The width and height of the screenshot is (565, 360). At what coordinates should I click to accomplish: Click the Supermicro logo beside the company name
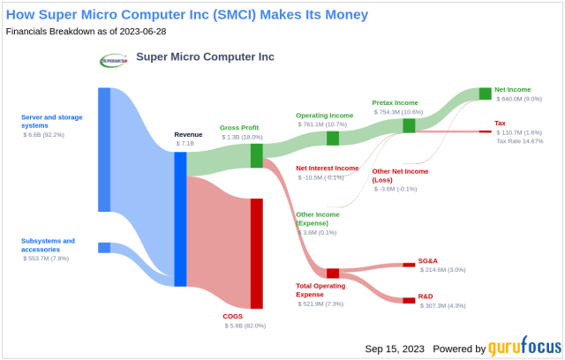coord(114,60)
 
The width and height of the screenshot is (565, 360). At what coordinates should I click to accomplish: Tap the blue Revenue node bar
coord(180,219)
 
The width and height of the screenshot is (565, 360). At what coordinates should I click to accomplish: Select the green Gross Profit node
coord(257,156)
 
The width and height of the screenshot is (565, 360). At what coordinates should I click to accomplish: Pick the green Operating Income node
coord(333,138)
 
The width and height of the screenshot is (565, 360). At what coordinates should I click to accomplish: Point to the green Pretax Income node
coord(409,125)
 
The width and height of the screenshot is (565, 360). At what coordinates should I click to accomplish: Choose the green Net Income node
coord(485,94)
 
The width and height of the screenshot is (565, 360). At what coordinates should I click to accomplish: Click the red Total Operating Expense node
coord(333,274)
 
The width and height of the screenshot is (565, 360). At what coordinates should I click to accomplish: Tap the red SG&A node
coord(409,264)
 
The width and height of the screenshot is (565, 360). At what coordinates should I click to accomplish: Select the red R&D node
coord(409,300)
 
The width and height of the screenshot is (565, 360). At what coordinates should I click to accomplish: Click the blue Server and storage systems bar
coord(104,150)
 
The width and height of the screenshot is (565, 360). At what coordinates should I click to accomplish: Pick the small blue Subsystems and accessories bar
coord(104,248)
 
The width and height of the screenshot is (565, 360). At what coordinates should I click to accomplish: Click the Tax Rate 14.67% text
coord(520,142)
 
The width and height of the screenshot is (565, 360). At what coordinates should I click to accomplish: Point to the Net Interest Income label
coord(327,168)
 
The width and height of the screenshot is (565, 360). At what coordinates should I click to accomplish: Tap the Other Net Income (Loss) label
coord(400,175)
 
